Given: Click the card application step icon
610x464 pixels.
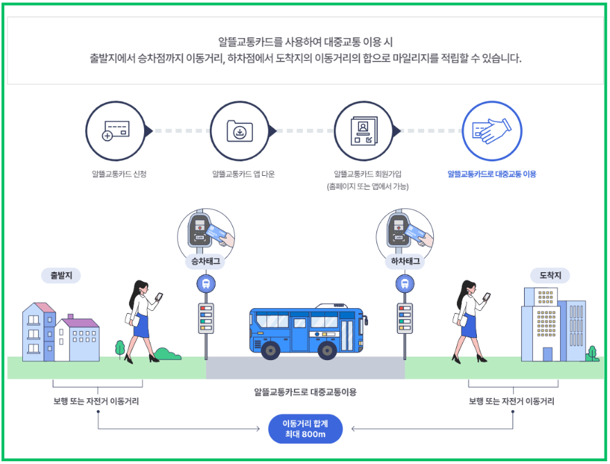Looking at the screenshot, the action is tap(114, 131).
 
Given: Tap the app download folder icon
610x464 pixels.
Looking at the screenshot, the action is tap(238, 131).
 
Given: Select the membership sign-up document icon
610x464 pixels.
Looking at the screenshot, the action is tap(363, 131).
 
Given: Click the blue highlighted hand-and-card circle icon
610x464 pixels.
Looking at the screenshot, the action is tap(491, 131).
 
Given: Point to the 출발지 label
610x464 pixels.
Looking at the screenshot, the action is tap(61, 276).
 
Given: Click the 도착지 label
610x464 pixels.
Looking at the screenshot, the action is tap(555, 276).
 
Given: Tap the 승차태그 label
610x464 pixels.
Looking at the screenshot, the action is tap(206, 262).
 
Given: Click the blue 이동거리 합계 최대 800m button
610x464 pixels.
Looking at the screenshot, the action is tap(305, 429).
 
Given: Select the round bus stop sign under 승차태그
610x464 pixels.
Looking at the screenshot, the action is tap(206, 283).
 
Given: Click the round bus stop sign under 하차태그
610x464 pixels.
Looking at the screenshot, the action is tap(404, 283).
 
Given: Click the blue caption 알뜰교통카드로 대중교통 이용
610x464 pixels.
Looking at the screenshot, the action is tap(491, 174).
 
